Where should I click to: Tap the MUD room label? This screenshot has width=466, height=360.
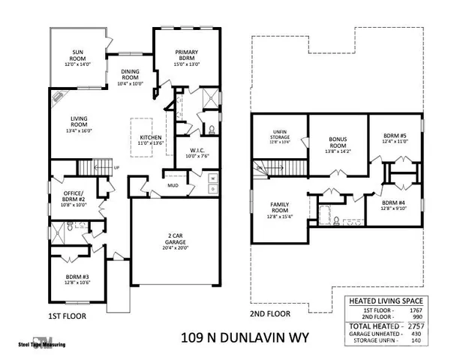click(x=173, y=184)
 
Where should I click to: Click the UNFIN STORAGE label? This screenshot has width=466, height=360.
click(x=279, y=136)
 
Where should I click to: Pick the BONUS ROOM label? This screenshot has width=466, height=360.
click(x=338, y=142)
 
